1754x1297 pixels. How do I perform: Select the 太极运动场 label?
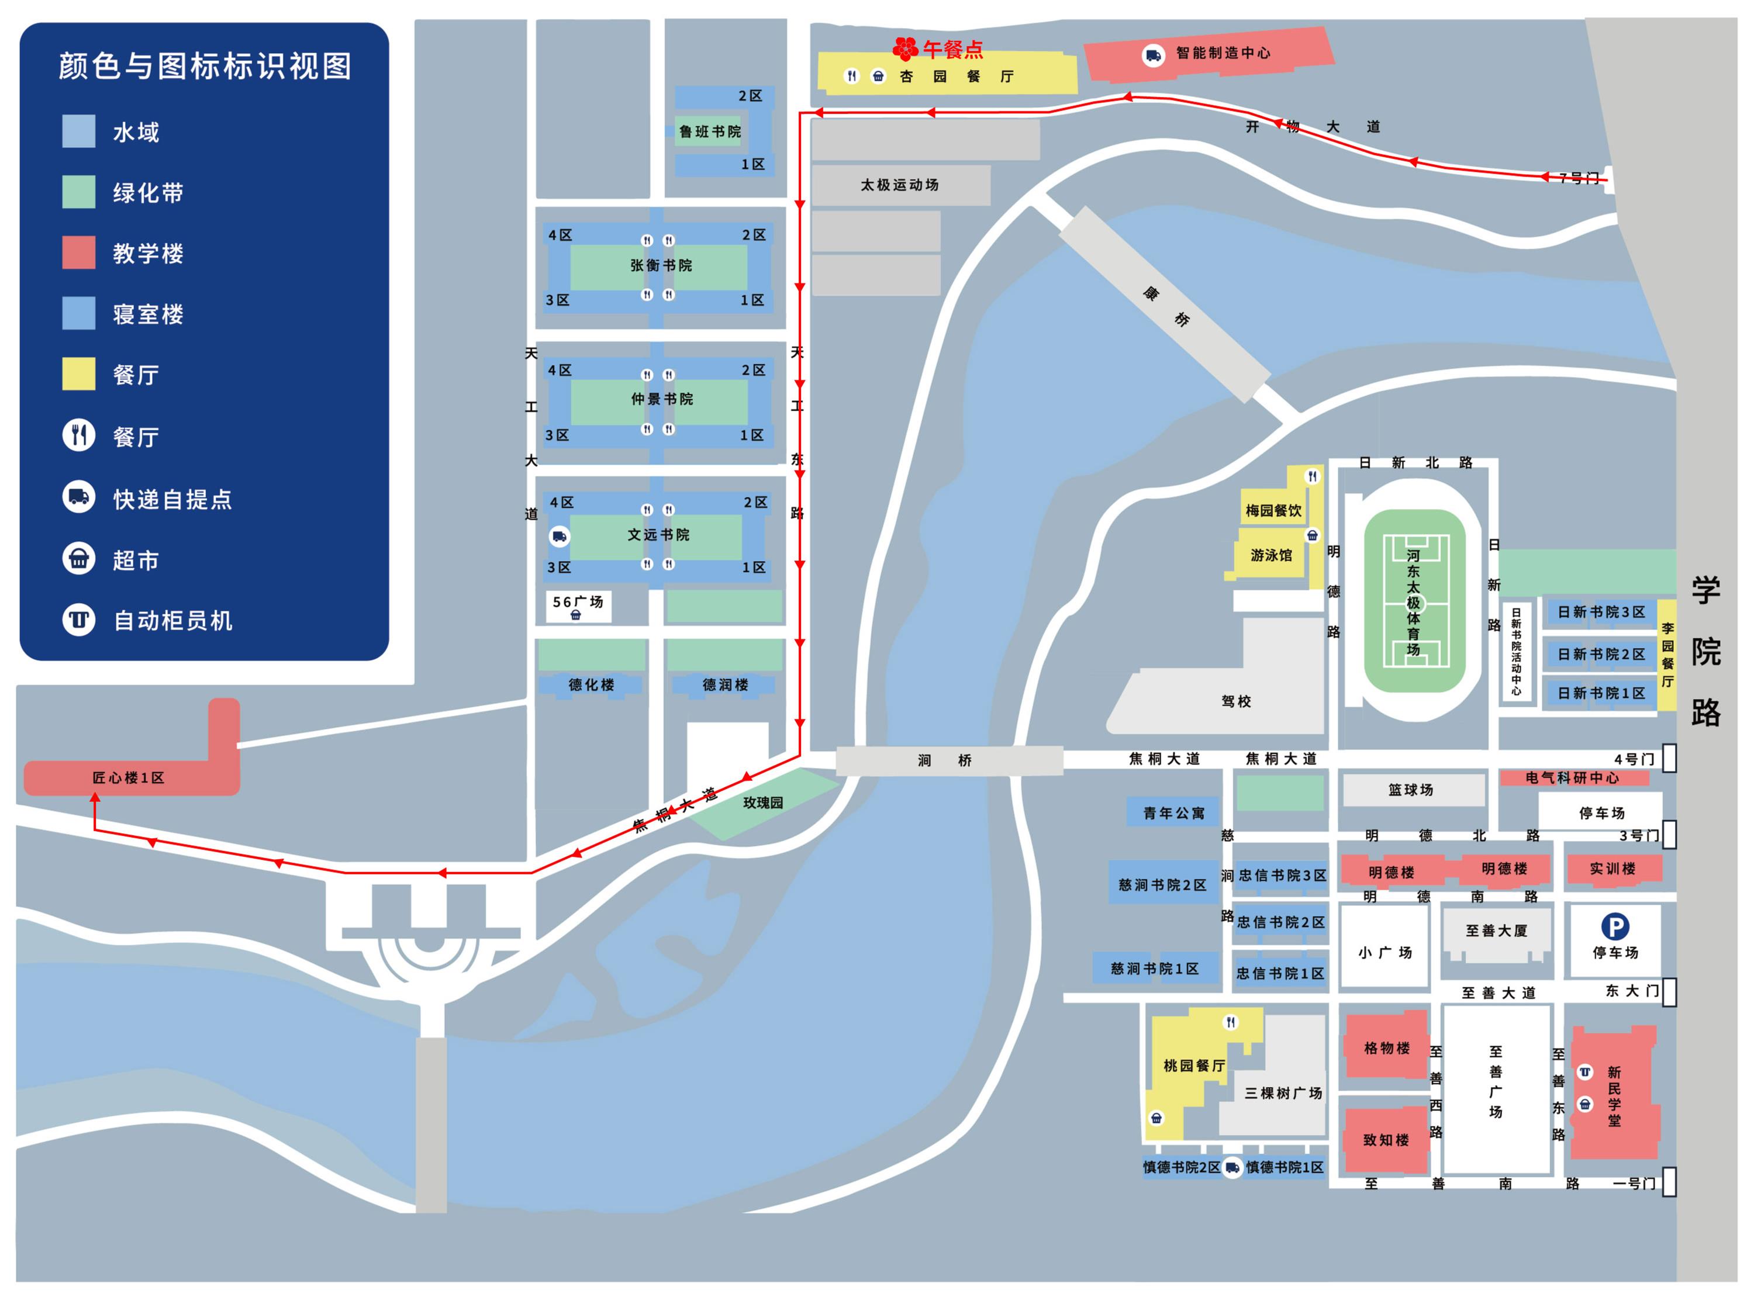click(x=899, y=185)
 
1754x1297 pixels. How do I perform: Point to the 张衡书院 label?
click(x=661, y=265)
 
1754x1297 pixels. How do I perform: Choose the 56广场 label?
click(x=578, y=602)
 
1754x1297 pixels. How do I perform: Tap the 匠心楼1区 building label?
click(x=129, y=778)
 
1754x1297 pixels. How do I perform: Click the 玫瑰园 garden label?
click(x=762, y=803)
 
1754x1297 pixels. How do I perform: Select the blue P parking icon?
click(x=1614, y=927)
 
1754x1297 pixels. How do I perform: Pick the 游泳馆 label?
click(x=1270, y=555)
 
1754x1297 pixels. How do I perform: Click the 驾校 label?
click(x=1236, y=701)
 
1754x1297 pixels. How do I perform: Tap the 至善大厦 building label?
click(x=1497, y=931)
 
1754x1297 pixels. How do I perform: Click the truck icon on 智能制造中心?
click(x=1152, y=55)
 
